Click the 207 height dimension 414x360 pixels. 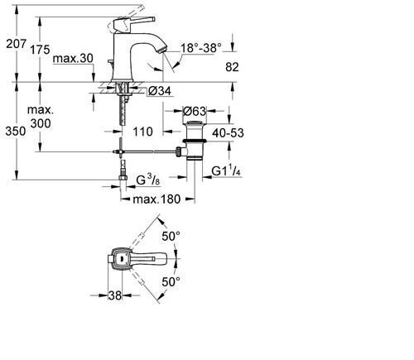[x=17, y=44]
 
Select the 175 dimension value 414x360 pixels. [x=40, y=50]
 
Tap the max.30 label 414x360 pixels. [x=73, y=59]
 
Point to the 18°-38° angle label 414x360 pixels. [x=201, y=48]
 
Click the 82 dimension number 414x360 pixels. [x=232, y=67]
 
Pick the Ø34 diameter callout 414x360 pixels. [x=160, y=91]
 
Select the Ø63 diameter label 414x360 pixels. [x=195, y=112]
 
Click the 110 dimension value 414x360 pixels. [x=142, y=132]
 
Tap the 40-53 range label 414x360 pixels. [x=228, y=133]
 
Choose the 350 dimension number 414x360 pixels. [x=16, y=132]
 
